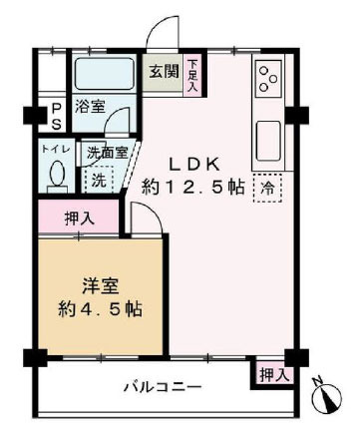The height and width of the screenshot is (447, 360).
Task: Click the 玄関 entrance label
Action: pos(164,72)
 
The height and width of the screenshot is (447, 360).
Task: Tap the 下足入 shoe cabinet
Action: pos(193,75)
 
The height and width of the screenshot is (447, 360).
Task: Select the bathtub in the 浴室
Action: pos(104,75)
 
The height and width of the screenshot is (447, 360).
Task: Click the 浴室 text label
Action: pos(90,107)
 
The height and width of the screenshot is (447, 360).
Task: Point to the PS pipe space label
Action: pos(57,116)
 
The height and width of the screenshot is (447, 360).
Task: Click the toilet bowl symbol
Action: pos(57,174)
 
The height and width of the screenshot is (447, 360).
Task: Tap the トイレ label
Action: pos(56,150)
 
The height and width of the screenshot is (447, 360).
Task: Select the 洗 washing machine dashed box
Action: pos(99,180)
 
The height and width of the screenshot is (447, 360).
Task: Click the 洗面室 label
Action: pos(108,153)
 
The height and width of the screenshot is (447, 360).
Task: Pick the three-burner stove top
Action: pos(268,79)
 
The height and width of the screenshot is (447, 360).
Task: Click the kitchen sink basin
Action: pos(268,141)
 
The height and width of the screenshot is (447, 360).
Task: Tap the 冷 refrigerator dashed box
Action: pos(267,189)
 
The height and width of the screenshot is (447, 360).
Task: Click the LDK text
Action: pos(194,165)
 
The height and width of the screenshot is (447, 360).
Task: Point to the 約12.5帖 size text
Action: pos(193,188)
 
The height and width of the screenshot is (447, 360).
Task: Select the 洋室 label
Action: pos(101,286)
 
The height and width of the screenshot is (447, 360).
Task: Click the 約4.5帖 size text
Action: pos(100,309)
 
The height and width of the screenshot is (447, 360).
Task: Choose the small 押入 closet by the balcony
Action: pos(273,375)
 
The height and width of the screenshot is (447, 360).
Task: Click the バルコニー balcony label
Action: pos(163,387)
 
